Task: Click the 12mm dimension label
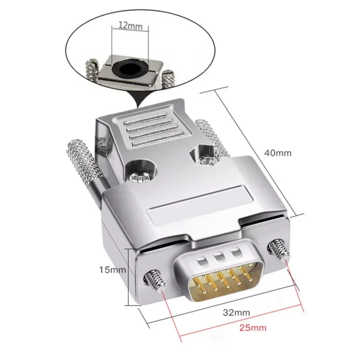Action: click(130, 25)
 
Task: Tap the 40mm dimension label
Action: click(278, 153)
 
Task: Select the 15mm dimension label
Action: click(112, 270)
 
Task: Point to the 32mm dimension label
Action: click(237, 312)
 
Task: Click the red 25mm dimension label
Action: click(253, 328)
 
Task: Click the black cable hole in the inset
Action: click(128, 68)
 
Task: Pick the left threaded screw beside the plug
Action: click(154, 283)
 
